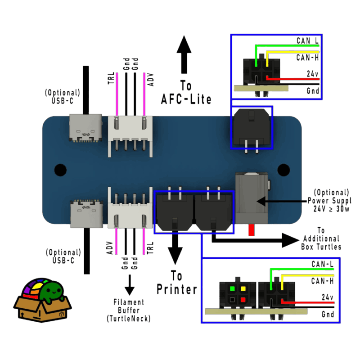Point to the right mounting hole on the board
click(x=283, y=170)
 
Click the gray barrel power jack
click(x=252, y=198)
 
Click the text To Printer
click(x=177, y=283)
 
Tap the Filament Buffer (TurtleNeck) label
click(x=129, y=310)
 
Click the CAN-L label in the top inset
click(x=308, y=41)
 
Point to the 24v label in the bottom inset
click(x=327, y=297)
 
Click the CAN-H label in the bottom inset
click(x=322, y=281)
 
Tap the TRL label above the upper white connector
click(x=111, y=78)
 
